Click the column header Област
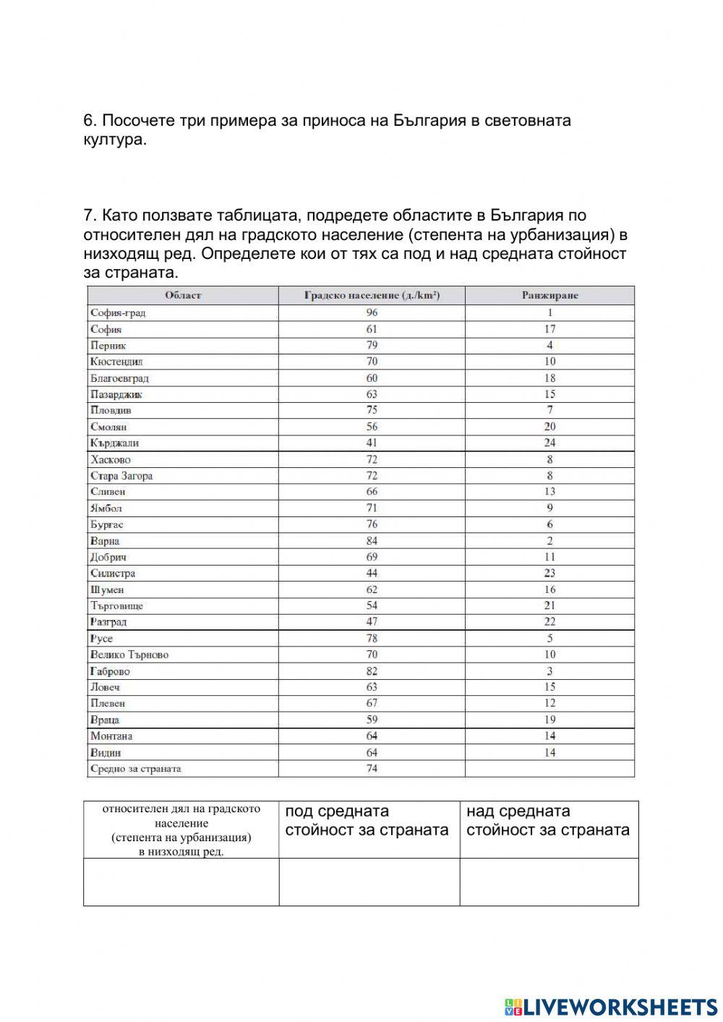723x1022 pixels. tap(183, 295)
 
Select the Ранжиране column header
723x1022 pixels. tap(549, 295)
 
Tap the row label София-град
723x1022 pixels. tap(118, 312)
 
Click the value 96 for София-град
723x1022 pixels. tap(372, 312)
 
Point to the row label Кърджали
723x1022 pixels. tap(114, 443)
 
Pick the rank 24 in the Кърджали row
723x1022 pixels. tap(549, 443)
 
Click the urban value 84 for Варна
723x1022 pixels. tap(372, 540)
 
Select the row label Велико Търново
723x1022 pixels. tap(129, 655)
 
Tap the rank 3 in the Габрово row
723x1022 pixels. tap(549, 670)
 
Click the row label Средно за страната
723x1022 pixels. tap(135, 768)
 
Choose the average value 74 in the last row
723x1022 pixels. tap(372, 768)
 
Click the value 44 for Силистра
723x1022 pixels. tap(372, 573)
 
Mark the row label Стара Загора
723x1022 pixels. tap(121, 475)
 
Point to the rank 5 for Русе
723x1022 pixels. tap(549, 638)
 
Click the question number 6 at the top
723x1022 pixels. tap(89, 120)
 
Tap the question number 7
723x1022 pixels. tap(89, 216)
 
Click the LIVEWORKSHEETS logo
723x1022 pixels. tap(611, 1006)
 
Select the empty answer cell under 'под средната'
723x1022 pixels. tap(369, 882)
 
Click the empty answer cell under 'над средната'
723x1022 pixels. tap(549, 882)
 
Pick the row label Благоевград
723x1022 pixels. tap(119, 378)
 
